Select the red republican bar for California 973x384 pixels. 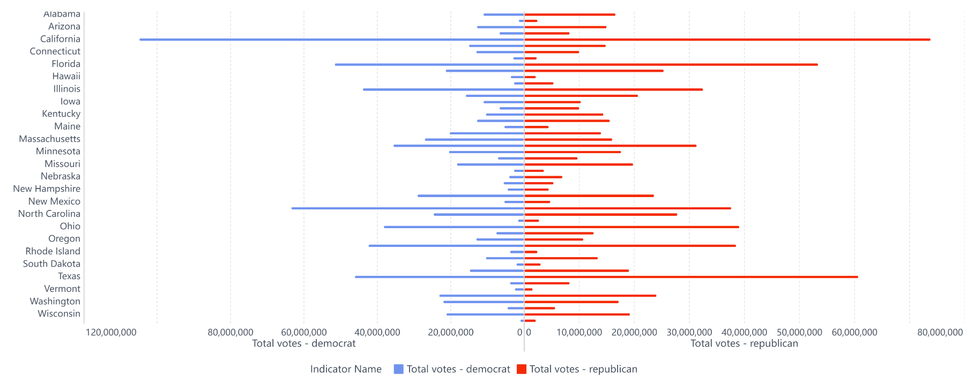[727, 40]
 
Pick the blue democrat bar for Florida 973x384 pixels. [429, 65]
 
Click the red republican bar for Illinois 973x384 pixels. [613, 89]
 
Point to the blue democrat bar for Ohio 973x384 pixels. [454, 227]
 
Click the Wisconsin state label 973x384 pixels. [59, 314]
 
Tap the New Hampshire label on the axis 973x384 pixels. [47, 189]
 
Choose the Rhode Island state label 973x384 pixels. [53, 251]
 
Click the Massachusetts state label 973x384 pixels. [49, 139]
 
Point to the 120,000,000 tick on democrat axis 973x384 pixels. [111, 333]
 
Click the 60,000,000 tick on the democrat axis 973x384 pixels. [303, 333]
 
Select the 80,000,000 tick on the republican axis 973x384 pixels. [940, 333]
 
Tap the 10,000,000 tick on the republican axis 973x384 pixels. [579, 333]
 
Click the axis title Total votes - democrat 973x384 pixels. [303, 344]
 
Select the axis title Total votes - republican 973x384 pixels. [744, 344]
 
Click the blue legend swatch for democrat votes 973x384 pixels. [398, 369]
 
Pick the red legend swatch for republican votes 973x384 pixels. [521, 369]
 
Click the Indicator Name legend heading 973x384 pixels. [346, 369]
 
